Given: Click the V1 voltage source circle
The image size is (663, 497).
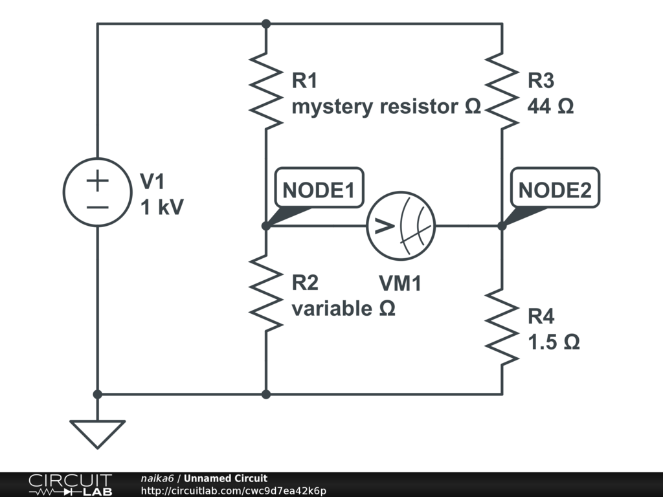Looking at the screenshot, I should [x=97, y=193].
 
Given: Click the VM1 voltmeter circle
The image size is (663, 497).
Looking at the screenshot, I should [x=401, y=226].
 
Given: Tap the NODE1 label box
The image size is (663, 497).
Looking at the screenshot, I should [x=319, y=190].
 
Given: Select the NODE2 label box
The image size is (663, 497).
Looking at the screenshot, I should [x=555, y=190].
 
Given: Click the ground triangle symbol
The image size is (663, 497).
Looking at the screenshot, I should [x=97, y=432].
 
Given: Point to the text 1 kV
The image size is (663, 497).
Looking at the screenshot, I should [x=162, y=207].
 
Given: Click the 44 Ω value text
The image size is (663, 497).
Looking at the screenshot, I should [x=551, y=106].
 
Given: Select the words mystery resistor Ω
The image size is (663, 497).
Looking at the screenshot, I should [x=386, y=106].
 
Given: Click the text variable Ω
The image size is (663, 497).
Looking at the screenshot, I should [x=343, y=309].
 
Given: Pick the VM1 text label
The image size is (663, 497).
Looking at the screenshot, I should [x=400, y=283].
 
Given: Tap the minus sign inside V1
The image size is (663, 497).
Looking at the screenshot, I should [x=97, y=208].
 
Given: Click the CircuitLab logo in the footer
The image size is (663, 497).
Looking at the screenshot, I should [x=70, y=484].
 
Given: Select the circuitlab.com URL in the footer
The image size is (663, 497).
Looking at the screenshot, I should [x=233, y=491].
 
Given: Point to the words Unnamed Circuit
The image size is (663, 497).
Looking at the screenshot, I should [x=225, y=478].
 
